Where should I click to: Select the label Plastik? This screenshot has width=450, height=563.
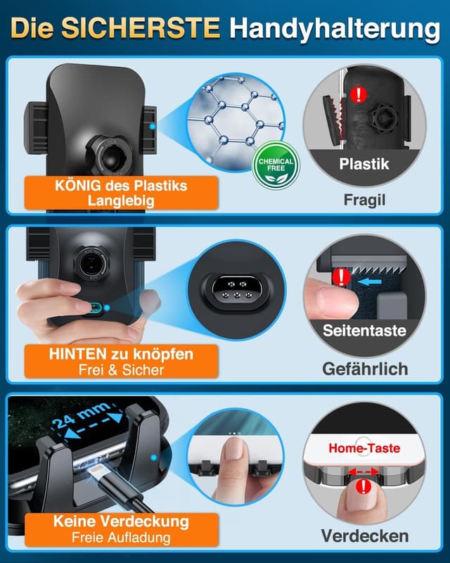point(365,166)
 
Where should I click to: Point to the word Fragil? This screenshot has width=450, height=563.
point(365,200)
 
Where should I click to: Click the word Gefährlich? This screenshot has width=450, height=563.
point(365,368)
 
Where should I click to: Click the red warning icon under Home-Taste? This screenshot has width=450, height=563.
point(364,487)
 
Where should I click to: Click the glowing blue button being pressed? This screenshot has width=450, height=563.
point(96,308)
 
